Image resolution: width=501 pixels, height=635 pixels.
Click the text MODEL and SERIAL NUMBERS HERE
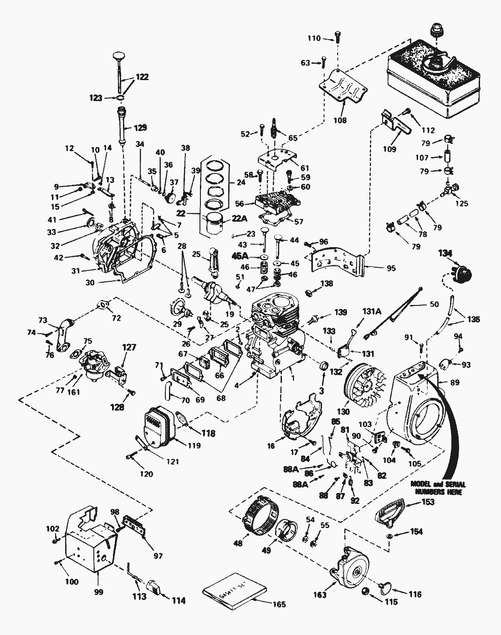tap(438, 488)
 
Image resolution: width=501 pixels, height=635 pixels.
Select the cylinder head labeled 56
tap(276, 203)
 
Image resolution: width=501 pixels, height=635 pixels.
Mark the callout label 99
tap(98, 592)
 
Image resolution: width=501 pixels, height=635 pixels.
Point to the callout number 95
tap(391, 268)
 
